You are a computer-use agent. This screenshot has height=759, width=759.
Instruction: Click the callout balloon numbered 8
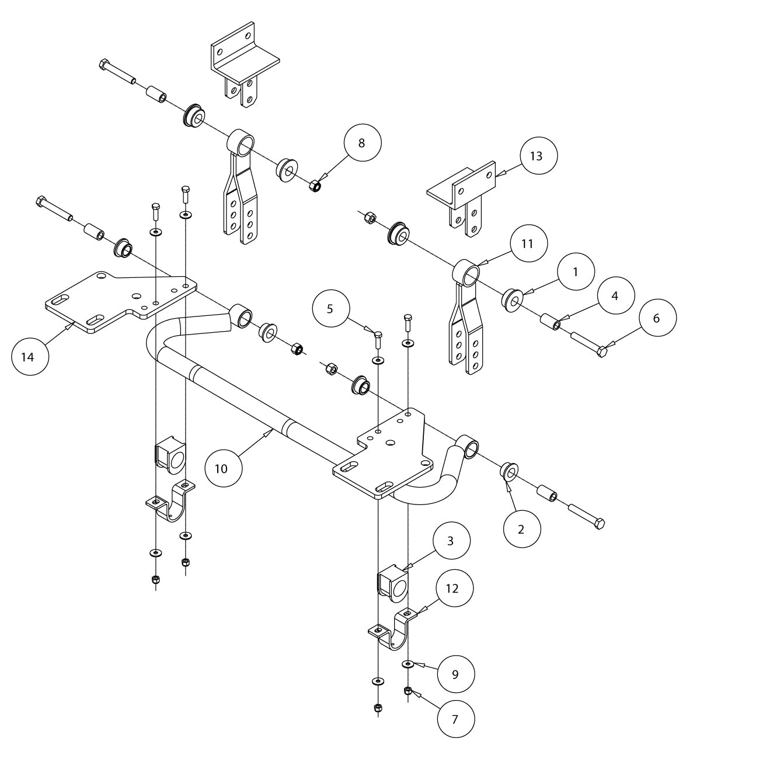click(x=362, y=143)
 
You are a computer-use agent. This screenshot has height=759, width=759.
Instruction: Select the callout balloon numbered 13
click(x=539, y=155)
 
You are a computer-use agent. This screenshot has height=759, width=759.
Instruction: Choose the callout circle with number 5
click(x=330, y=308)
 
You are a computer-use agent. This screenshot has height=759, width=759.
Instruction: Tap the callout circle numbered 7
click(x=455, y=719)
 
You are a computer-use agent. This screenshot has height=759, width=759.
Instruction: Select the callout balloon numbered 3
click(x=450, y=541)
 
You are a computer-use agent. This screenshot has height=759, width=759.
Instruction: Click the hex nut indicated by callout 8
click(x=314, y=186)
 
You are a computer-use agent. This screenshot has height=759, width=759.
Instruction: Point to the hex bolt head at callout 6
click(x=601, y=351)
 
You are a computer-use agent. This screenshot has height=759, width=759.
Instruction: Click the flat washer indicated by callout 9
click(x=408, y=664)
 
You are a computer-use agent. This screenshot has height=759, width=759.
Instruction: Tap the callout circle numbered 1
click(x=576, y=271)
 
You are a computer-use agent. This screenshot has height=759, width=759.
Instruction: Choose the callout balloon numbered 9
click(x=455, y=674)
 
